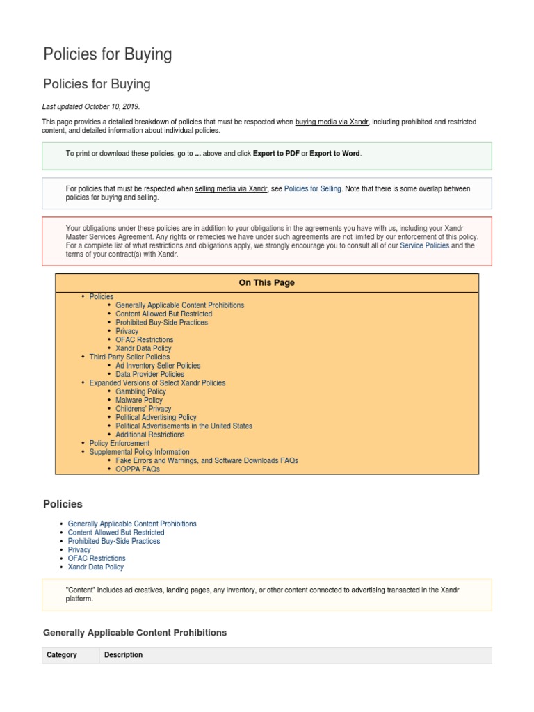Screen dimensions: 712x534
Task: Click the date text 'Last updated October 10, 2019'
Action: (91, 106)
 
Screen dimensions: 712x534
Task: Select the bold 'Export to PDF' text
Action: (276, 154)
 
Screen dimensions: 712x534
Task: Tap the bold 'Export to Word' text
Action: (334, 154)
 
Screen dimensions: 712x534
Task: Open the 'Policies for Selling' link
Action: (312, 188)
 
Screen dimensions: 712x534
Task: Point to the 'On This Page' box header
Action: (266, 283)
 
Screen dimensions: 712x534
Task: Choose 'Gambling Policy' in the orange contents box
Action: (140, 391)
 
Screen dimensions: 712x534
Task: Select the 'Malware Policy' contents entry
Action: (139, 400)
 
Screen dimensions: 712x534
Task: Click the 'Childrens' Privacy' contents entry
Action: (143, 409)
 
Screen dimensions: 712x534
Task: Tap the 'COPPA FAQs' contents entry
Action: (138, 469)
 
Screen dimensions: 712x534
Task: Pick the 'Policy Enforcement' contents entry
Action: (120, 443)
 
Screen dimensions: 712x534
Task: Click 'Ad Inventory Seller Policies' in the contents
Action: (158, 366)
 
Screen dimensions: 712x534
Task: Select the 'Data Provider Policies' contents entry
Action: (149, 374)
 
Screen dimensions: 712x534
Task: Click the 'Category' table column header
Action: (62, 655)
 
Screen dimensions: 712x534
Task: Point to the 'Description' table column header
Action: (123, 655)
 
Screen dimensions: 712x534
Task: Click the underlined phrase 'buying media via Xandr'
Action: (332, 122)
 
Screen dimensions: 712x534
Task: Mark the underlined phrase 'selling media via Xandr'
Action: (231, 188)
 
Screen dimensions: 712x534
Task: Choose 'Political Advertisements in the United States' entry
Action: (184, 426)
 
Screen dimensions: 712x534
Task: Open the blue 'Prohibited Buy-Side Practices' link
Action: (114, 541)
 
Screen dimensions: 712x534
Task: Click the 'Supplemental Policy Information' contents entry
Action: (139, 452)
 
